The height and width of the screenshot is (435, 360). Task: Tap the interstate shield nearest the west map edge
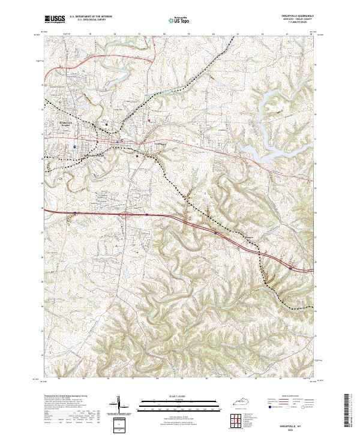tap(75, 212)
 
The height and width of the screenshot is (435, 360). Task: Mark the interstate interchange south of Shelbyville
tap(125, 213)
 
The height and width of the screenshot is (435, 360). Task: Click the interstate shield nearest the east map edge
tap(290, 269)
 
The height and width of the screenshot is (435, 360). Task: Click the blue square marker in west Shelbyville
tap(74, 146)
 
